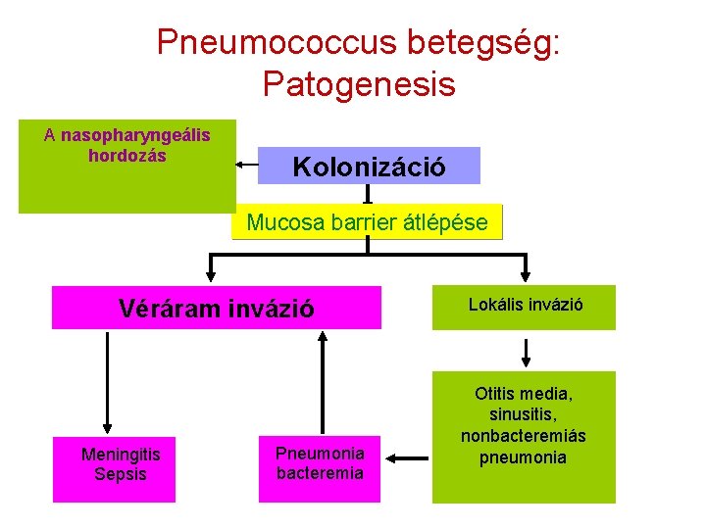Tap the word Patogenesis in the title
pyautogui.click(x=359, y=84)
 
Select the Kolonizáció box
pyautogui.click(x=369, y=167)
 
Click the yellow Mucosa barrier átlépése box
pyautogui.click(x=367, y=222)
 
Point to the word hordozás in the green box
pyautogui.click(x=127, y=156)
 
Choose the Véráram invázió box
pyautogui.click(x=216, y=308)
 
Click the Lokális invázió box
pyautogui.click(x=526, y=306)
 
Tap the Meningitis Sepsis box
pyautogui.click(x=121, y=465)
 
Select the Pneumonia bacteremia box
pyautogui.click(x=320, y=463)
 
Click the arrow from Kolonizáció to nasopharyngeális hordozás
pyautogui.click(x=247, y=166)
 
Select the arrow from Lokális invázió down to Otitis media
pyautogui.click(x=527, y=352)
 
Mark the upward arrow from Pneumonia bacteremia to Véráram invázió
pyautogui.click(x=321, y=382)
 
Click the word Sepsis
pyautogui.click(x=121, y=475)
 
